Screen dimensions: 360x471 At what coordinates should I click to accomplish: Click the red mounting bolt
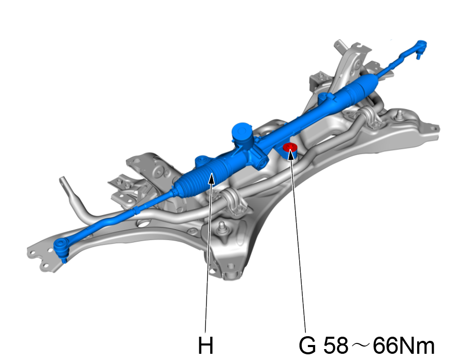pos(290,149)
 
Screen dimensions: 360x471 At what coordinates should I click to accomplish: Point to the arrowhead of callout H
pos(212,178)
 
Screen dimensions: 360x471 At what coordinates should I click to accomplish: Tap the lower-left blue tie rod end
pos(62,248)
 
